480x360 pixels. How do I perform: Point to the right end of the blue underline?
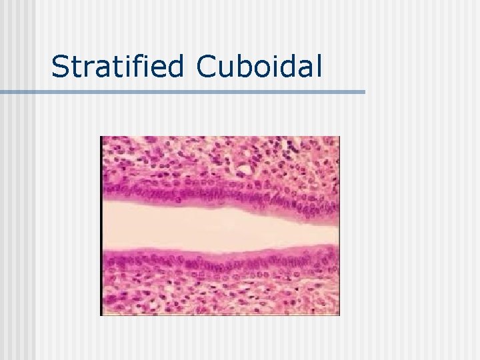pyautogui.click(x=363, y=91)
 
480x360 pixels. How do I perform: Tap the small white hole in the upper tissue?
pyautogui.click(x=246, y=171)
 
